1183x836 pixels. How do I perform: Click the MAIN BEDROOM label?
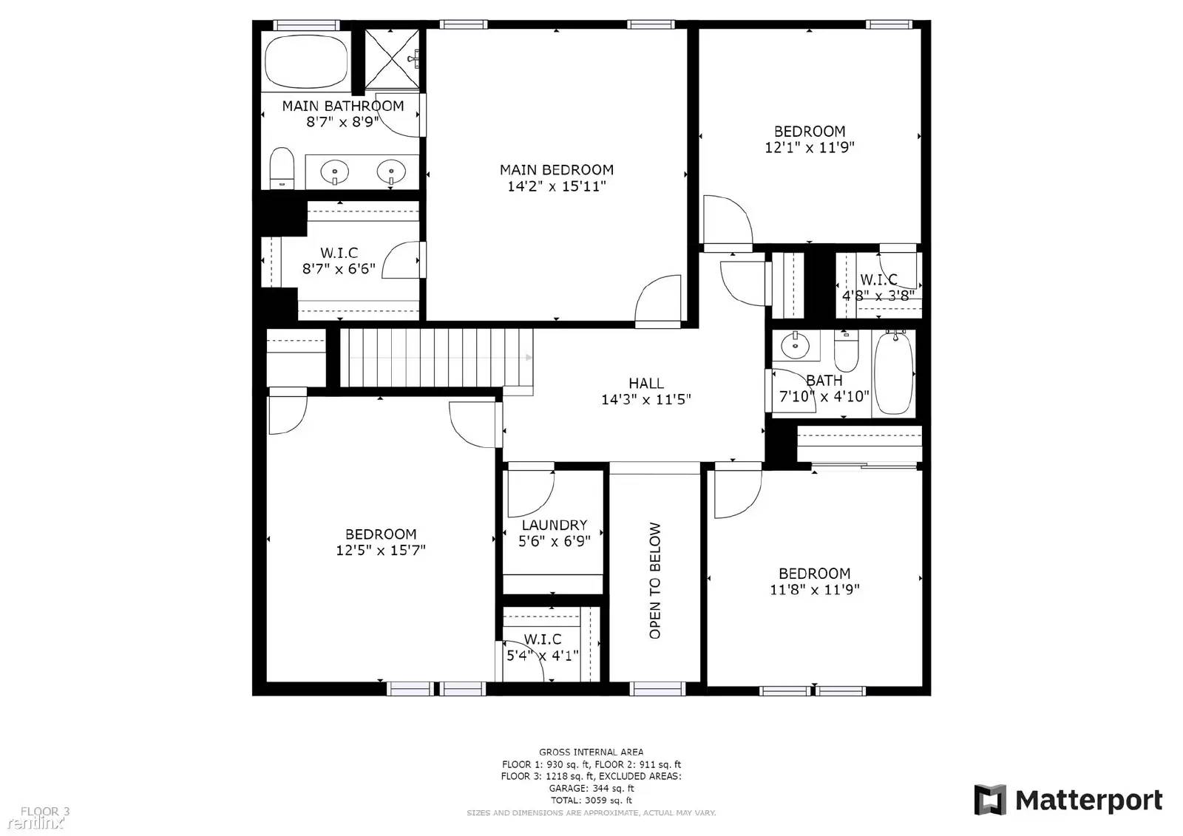coord(556,170)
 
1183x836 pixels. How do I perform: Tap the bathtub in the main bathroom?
coord(306,62)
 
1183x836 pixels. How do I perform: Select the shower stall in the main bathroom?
coord(393,60)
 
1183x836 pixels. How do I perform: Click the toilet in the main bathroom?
coord(281,168)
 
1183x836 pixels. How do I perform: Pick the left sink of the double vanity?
coord(334,173)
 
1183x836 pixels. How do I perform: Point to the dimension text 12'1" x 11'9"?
coord(809,148)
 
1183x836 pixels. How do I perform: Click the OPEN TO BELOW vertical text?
coord(655,580)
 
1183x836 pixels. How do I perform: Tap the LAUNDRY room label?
coord(554,526)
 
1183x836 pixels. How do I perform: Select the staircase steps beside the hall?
coord(436,358)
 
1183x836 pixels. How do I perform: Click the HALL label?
coord(645,384)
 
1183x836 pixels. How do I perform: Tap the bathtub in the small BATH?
coord(894,373)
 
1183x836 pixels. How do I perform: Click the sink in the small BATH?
coord(796,344)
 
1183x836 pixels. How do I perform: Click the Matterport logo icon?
coord(989,800)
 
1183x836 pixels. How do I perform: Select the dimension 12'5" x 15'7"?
coord(380,551)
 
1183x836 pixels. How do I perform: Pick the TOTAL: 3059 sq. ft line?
coord(591,801)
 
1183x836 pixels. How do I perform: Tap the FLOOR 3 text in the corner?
coord(44,812)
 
